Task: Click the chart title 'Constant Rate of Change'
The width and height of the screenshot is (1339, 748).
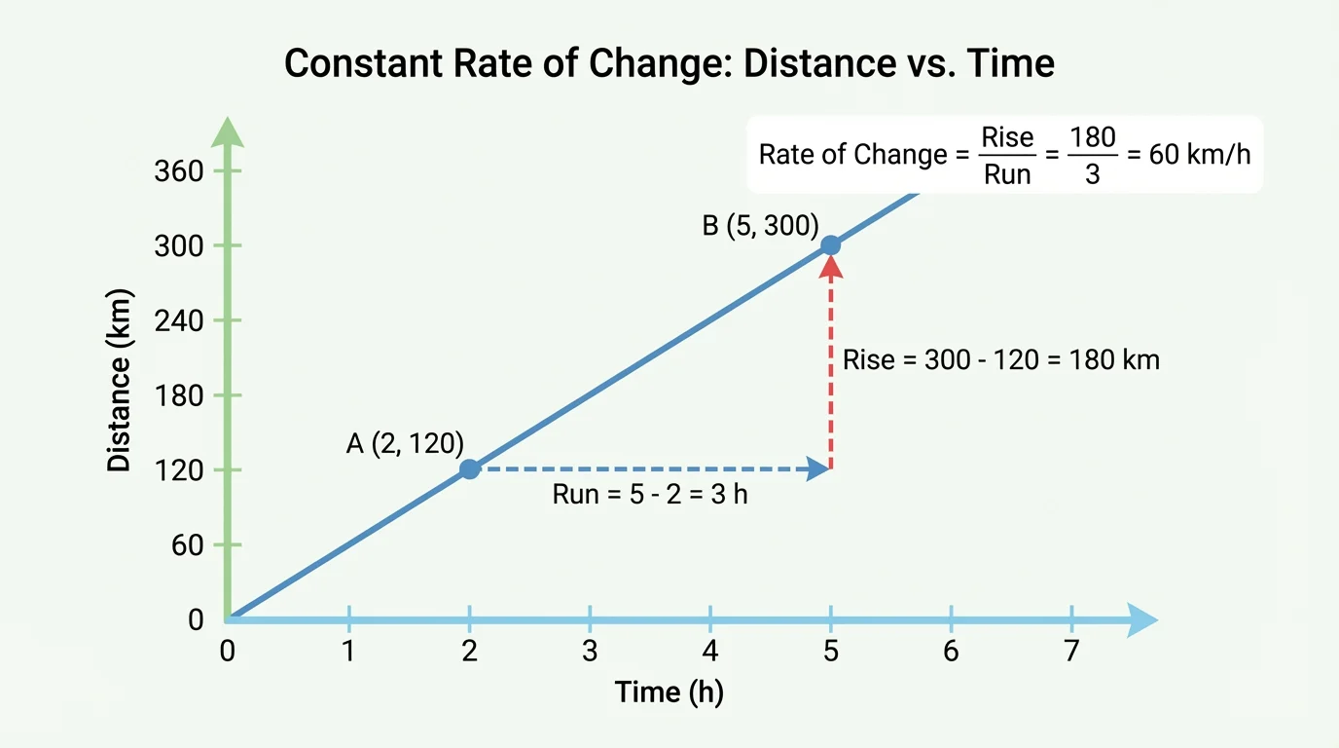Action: [669, 64]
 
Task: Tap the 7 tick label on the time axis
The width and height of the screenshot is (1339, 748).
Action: [1071, 652]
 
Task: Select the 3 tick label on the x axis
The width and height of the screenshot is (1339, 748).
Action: [590, 652]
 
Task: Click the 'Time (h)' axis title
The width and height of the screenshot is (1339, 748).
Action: [669, 692]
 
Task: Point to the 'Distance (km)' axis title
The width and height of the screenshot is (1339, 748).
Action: [119, 380]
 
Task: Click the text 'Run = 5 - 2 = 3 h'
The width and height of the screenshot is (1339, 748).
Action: [650, 494]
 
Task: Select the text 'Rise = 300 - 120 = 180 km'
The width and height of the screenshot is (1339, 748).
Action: [1000, 359]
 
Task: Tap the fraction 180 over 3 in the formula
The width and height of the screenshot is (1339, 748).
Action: [1092, 156]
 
